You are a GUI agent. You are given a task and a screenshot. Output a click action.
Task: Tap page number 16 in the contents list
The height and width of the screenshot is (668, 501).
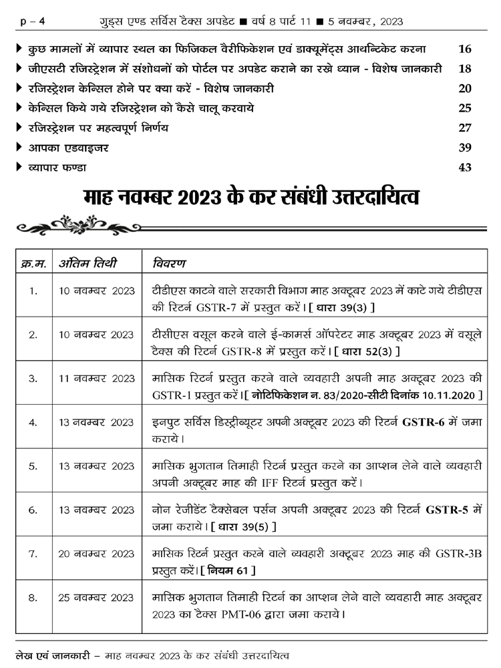[x=465, y=49]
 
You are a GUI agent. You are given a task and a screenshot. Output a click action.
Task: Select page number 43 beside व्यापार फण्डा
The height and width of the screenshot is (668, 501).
[x=465, y=168]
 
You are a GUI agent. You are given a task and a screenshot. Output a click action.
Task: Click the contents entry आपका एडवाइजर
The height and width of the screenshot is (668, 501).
[x=63, y=148]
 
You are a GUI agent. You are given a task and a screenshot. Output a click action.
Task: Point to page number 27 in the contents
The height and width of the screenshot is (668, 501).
[x=465, y=128]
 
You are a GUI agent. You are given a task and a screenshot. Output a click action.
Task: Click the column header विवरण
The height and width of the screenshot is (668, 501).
[x=169, y=263]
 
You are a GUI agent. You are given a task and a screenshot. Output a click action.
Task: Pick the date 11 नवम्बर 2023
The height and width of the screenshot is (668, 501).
[x=96, y=378]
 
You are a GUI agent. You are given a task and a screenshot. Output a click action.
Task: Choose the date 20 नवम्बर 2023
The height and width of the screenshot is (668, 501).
[x=96, y=554]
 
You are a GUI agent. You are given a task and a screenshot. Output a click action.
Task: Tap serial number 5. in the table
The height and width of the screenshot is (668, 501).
[x=33, y=466]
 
